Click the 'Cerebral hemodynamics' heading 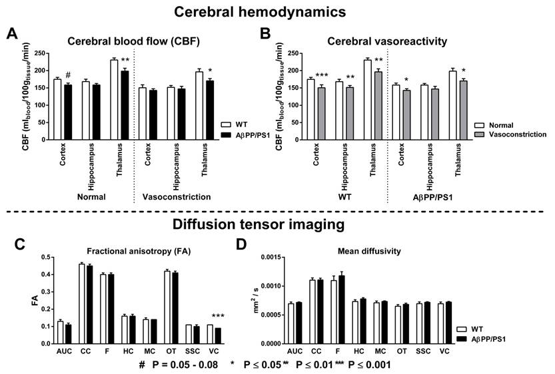tap(277, 12)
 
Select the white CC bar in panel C tap(82, 303)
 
